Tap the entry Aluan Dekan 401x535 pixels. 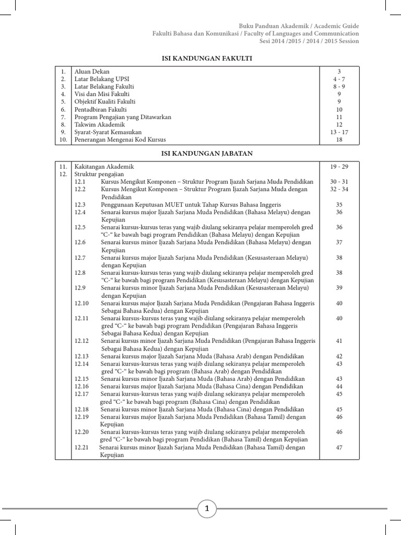(92, 71)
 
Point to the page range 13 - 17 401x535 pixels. (339, 132)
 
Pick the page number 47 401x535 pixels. (339, 447)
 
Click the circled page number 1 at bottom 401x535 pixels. (207, 508)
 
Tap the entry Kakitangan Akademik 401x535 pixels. (104, 166)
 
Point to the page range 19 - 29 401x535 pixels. (339, 166)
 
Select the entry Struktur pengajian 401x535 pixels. (99, 174)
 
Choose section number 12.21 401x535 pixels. (81, 447)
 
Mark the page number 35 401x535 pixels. (339, 205)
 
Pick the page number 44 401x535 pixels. (339, 386)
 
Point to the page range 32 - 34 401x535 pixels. (339, 189)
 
